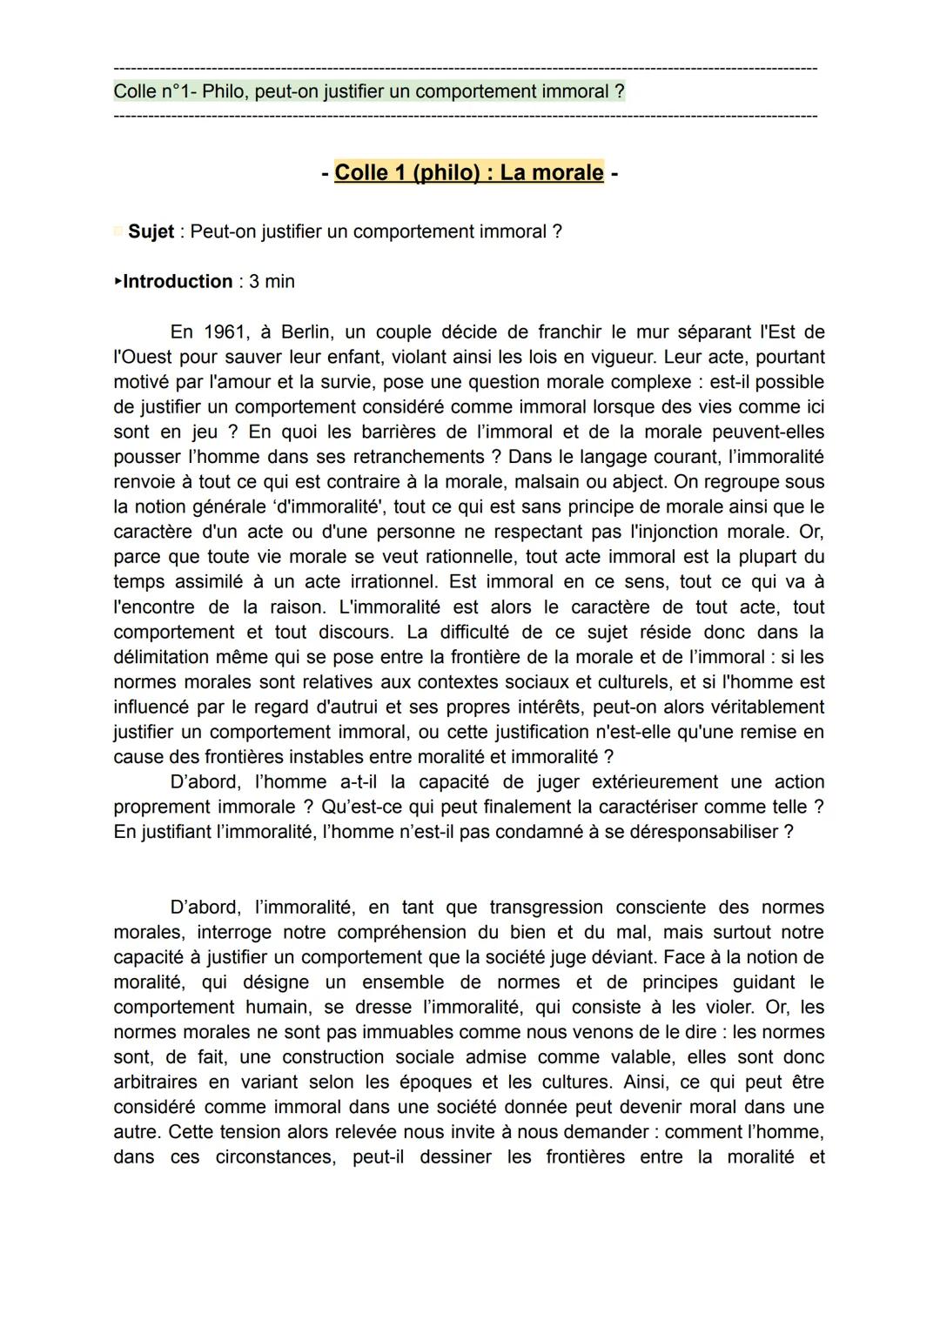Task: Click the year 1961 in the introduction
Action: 225,332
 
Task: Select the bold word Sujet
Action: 151,231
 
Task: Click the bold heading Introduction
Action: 178,281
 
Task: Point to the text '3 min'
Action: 272,281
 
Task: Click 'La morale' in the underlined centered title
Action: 551,172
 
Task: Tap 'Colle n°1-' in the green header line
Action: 154,91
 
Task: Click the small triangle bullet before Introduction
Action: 118,281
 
